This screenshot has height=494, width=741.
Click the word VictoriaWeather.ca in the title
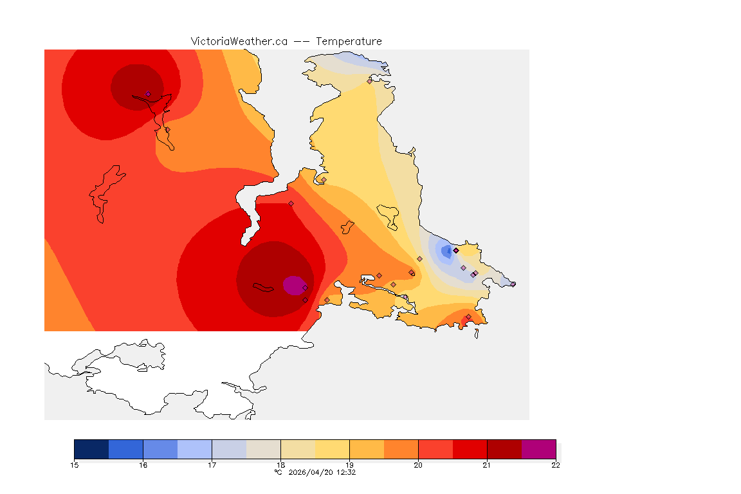pos(239,41)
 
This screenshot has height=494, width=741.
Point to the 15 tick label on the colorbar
pos(74,465)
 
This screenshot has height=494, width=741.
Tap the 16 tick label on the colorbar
pos(143,465)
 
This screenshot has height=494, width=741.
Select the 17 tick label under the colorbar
pos(212,465)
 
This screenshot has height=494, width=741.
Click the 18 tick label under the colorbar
pos(280,465)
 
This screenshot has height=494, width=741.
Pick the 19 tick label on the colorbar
pos(349,465)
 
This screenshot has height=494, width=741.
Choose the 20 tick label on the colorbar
pos(418,465)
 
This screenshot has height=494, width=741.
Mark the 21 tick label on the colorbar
pos(487,465)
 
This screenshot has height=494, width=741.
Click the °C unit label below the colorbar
pos(278,472)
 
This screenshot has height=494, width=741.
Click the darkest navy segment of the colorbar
pos(91,449)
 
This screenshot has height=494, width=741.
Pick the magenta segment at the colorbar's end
pos(538,449)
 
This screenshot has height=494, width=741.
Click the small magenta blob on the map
pos(293,285)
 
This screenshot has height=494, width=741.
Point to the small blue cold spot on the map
pos(445,252)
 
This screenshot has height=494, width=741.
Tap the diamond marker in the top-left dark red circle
pos(148,94)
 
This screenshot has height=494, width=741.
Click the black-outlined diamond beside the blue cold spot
pos(456,250)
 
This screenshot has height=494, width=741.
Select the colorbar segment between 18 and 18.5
pos(298,449)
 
